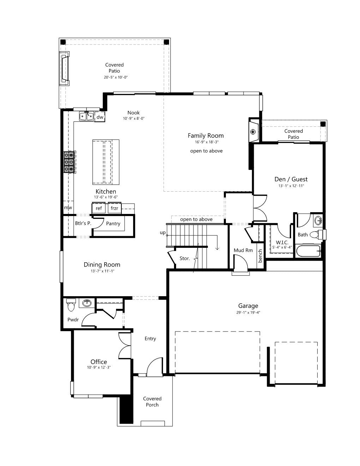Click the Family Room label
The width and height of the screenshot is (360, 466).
[206, 136]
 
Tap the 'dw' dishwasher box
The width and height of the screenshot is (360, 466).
[100, 117]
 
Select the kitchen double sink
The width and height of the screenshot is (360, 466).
[86, 116]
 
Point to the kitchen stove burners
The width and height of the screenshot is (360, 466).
[69, 162]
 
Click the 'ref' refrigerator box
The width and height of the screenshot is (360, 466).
[98, 208]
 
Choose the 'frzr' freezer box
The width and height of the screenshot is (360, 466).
[114, 208]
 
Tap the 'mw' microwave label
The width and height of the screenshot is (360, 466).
[68, 208]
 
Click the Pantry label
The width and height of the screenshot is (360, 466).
[113, 223]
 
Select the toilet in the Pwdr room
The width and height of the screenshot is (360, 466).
[71, 305]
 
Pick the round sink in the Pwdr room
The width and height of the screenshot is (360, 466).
[87, 303]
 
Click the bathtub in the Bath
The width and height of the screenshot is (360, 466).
[308, 251]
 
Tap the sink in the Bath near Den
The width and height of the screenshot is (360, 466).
[318, 220]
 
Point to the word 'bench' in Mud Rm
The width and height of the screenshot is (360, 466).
[260, 256]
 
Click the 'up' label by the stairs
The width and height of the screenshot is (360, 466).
[163, 233]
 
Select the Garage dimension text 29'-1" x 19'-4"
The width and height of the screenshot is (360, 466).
[248, 312]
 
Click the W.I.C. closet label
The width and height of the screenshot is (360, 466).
[282, 243]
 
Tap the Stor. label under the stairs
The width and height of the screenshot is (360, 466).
[185, 258]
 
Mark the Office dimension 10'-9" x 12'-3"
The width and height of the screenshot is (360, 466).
[98, 368]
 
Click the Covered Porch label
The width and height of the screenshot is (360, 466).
[152, 402]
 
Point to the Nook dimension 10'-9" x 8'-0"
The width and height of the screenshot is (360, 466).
[133, 118]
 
